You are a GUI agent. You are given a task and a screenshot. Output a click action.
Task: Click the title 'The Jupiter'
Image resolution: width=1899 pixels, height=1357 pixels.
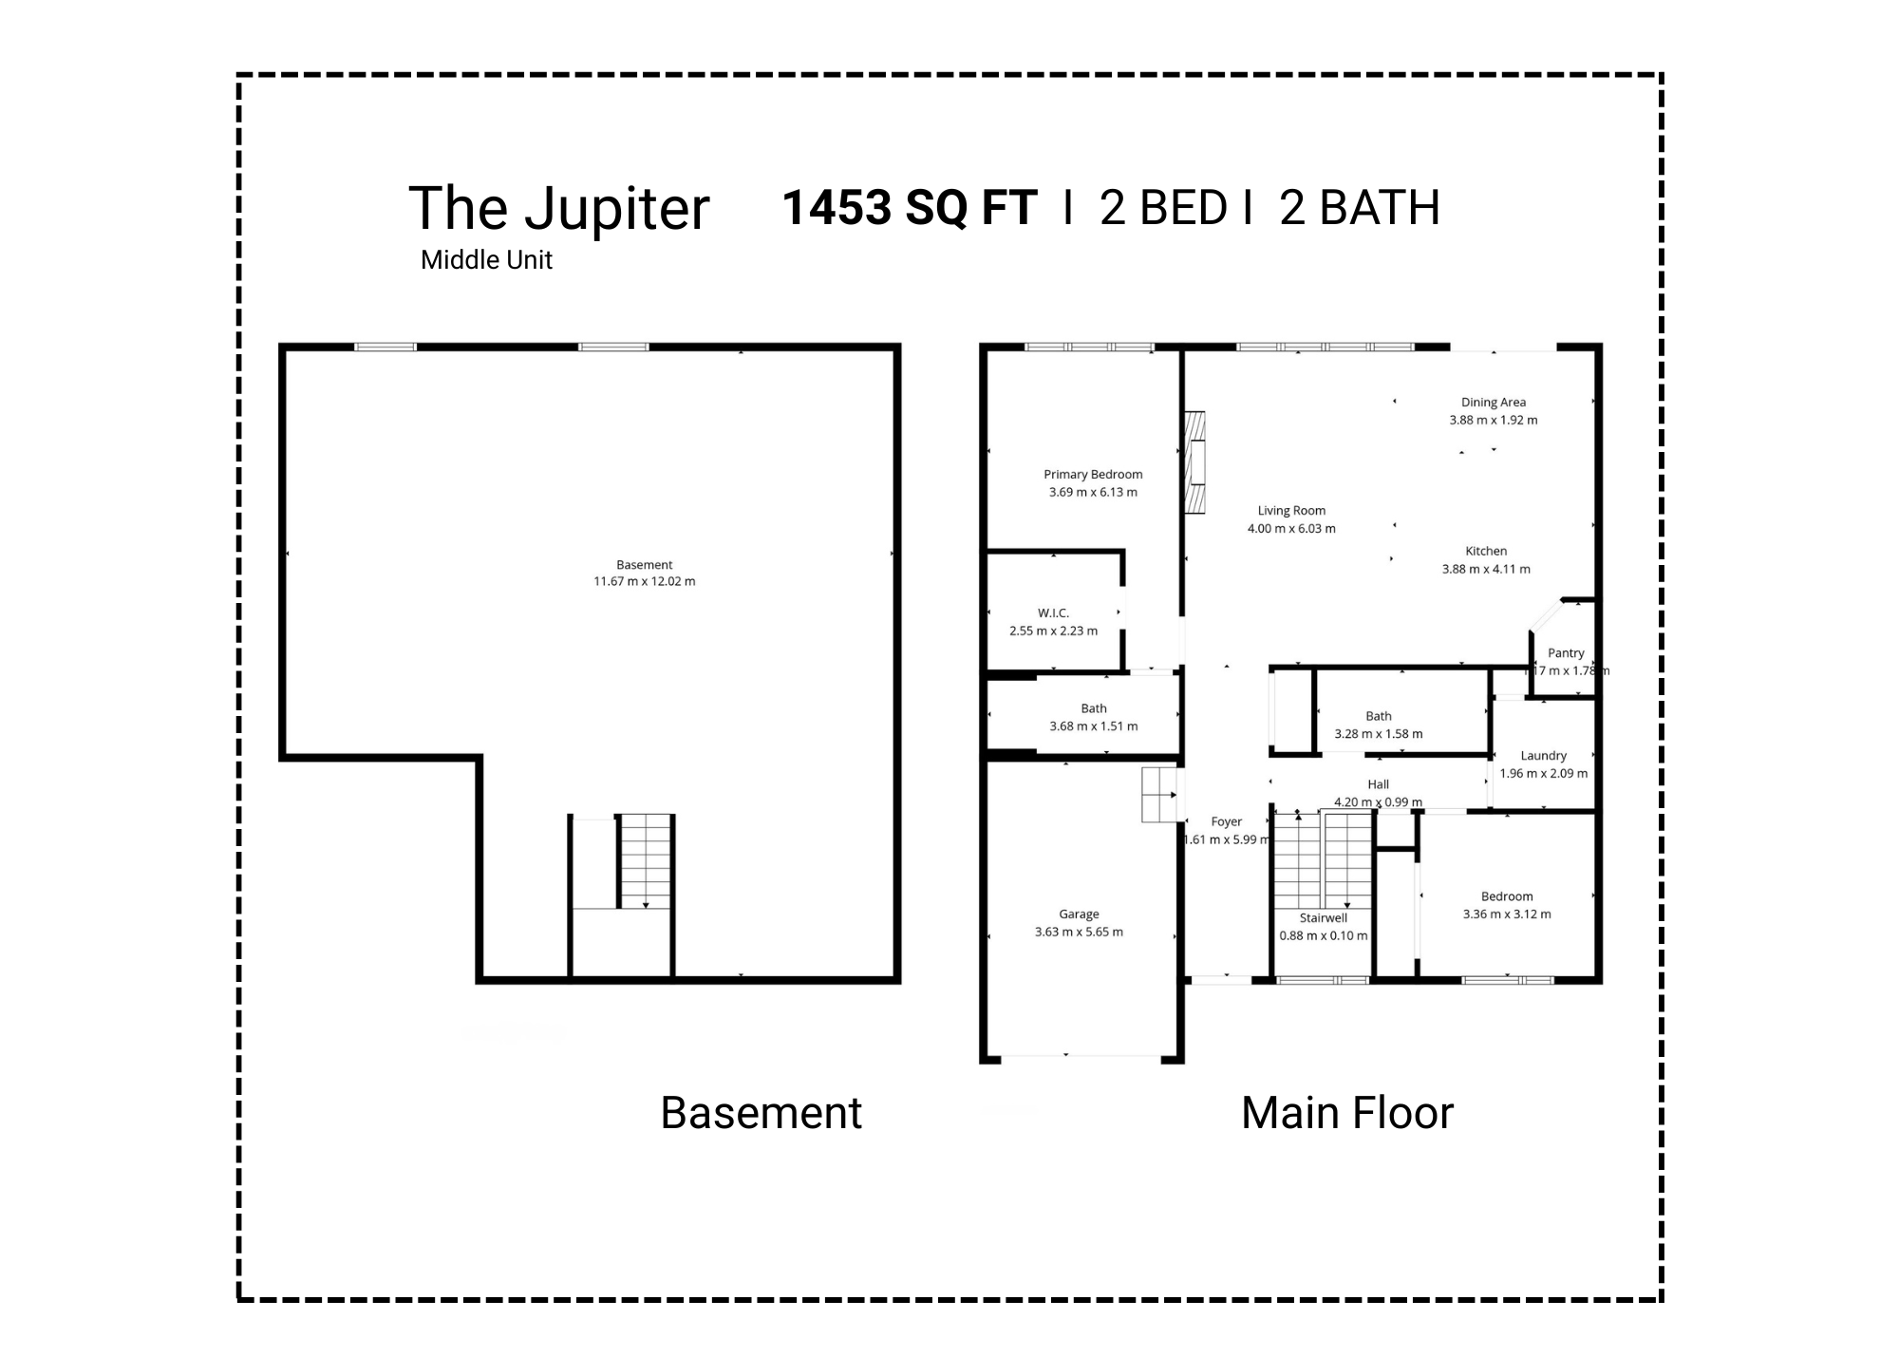pyautogui.click(x=558, y=209)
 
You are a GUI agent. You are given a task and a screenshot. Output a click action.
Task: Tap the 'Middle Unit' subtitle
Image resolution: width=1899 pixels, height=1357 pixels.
pyautogui.click(x=486, y=260)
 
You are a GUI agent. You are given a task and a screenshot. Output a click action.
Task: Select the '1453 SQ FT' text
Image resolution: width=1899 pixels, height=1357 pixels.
pyautogui.click(x=909, y=207)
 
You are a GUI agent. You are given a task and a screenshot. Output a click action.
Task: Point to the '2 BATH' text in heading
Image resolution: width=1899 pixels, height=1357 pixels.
pyautogui.click(x=1359, y=207)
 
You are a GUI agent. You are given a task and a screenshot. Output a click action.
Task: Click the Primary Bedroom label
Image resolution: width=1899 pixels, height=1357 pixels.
pyautogui.click(x=1093, y=475)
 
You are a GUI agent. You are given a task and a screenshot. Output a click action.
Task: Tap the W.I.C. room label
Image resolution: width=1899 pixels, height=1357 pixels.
pyautogui.click(x=1053, y=613)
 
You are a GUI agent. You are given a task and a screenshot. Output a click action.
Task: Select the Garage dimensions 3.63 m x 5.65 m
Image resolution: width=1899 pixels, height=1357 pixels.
pyautogui.click(x=1079, y=933)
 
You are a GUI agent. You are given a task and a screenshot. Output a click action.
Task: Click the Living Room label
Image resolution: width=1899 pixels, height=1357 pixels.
pyautogui.click(x=1291, y=511)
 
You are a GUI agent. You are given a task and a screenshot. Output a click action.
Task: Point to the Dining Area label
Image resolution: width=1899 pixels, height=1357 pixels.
pyautogui.click(x=1493, y=403)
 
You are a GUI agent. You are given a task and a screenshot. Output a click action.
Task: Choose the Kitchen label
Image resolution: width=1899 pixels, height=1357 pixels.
pyautogui.click(x=1486, y=551)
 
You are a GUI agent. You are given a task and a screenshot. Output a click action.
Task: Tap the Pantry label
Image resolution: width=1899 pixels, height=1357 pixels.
pyautogui.click(x=1566, y=653)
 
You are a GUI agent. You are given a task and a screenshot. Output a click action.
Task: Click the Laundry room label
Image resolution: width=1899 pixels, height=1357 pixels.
pyautogui.click(x=1543, y=756)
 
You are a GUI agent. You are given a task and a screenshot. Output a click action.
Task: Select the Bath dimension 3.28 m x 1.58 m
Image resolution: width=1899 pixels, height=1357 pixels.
pyautogui.click(x=1379, y=734)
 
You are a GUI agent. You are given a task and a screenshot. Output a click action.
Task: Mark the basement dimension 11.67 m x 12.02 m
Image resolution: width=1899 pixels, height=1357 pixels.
pyautogui.click(x=644, y=582)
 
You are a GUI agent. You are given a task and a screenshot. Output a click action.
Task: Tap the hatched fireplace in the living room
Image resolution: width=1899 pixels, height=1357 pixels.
pyautogui.click(x=1194, y=462)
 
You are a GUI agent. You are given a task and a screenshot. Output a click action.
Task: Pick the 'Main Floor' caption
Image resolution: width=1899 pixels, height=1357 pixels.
pyautogui.click(x=1346, y=1113)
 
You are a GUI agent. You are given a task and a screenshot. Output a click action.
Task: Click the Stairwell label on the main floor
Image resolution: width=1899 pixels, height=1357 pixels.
pyautogui.click(x=1324, y=918)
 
